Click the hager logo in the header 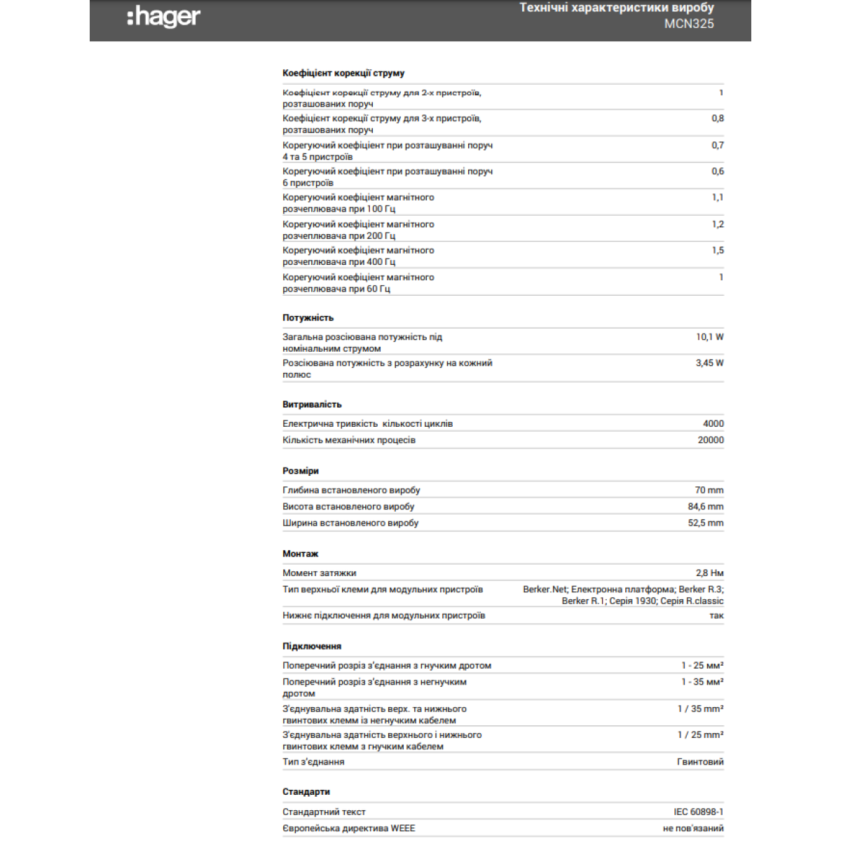tap(164, 17)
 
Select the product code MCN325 tap(689, 24)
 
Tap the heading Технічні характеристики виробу tap(616, 8)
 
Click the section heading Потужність tap(308, 317)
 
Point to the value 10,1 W tap(709, 337)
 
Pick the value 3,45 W tap(709, 363)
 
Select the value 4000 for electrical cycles tap(713, 423)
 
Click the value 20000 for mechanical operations tap(711, 440)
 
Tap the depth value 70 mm tap(709, 490)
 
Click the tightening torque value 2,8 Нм tap(709, 573)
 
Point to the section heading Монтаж tap(300, 554)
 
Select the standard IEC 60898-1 tap(698, 812)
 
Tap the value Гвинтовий tap(700, 762)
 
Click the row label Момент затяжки tap(319, 573)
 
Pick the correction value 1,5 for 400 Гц tap(718, 250)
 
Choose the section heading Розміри tap(300, 471)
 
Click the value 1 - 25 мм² tap(702, 665)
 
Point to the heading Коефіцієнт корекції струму tap(343, 73)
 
